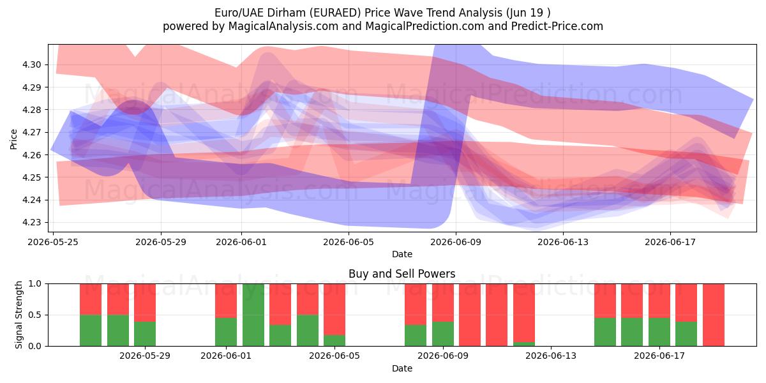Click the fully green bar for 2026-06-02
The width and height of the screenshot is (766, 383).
pyautogui.click(x=253, y=315)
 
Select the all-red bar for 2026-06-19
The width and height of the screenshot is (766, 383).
pyautogui.click(x=714, y=315)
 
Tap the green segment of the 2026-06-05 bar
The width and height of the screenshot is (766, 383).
pyautogui.click(x=334, y=340)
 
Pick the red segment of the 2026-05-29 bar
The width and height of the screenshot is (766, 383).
pyautogui.click(x=145, y=303)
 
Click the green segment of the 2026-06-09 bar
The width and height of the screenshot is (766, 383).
pyautogui.click(x=443, y=334)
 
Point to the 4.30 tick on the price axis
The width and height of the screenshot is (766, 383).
pyautogui.click(x=31, y=64)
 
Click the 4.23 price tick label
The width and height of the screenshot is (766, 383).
pyautogui.click(x=31, y=222)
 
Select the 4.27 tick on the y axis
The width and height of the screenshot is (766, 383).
pyautogui.click(x=31, y=132)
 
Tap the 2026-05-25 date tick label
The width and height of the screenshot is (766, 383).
pyautogui.click(x=53, y=242)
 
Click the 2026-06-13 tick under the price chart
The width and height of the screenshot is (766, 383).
pyautogui.click(x=563, y=242)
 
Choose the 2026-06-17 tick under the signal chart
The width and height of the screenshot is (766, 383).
pyautogui.click(x=659, y=356)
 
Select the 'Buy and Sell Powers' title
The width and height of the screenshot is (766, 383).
pyautogui.click(x=402, y=274)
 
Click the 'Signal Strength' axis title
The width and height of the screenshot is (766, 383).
pyautogui.click(x=19, y=315)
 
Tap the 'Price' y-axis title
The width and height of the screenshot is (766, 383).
pyautogui.click(x=13, y=139)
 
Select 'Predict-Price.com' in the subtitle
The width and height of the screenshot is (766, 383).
pyautogui.click(x=557, y=26)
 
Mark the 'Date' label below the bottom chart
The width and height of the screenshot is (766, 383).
pyautogui.click(x=402, y=368)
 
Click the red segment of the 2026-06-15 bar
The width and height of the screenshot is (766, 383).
pyautogui.click(x=605, y=301)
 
